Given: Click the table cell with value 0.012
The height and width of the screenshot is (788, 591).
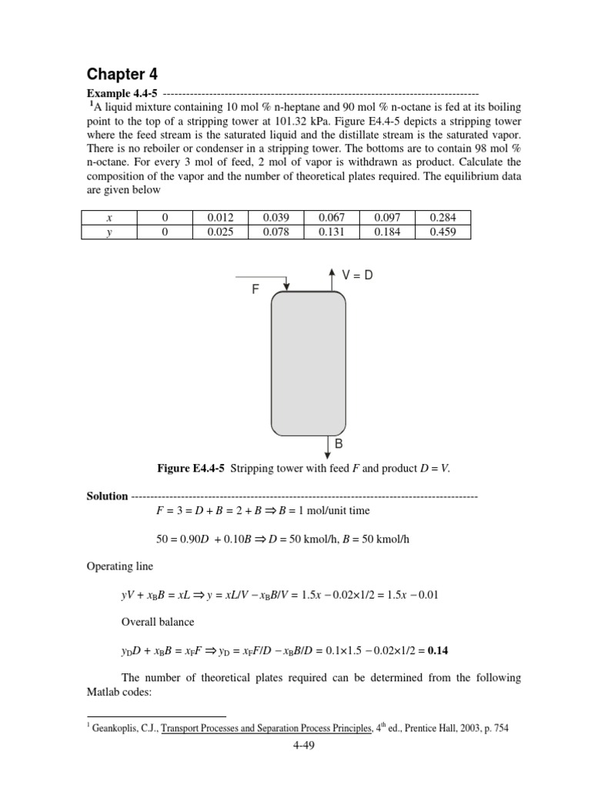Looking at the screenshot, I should point(222,218).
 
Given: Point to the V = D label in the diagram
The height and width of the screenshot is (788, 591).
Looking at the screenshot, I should point(356,275).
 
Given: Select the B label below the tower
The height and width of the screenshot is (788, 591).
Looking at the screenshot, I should point(338,445).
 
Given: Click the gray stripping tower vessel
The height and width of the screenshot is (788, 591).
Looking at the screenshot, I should point(308,362).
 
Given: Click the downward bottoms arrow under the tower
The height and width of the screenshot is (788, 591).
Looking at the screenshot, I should point(328,446).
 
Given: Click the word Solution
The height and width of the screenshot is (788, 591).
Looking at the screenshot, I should point(107,496).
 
